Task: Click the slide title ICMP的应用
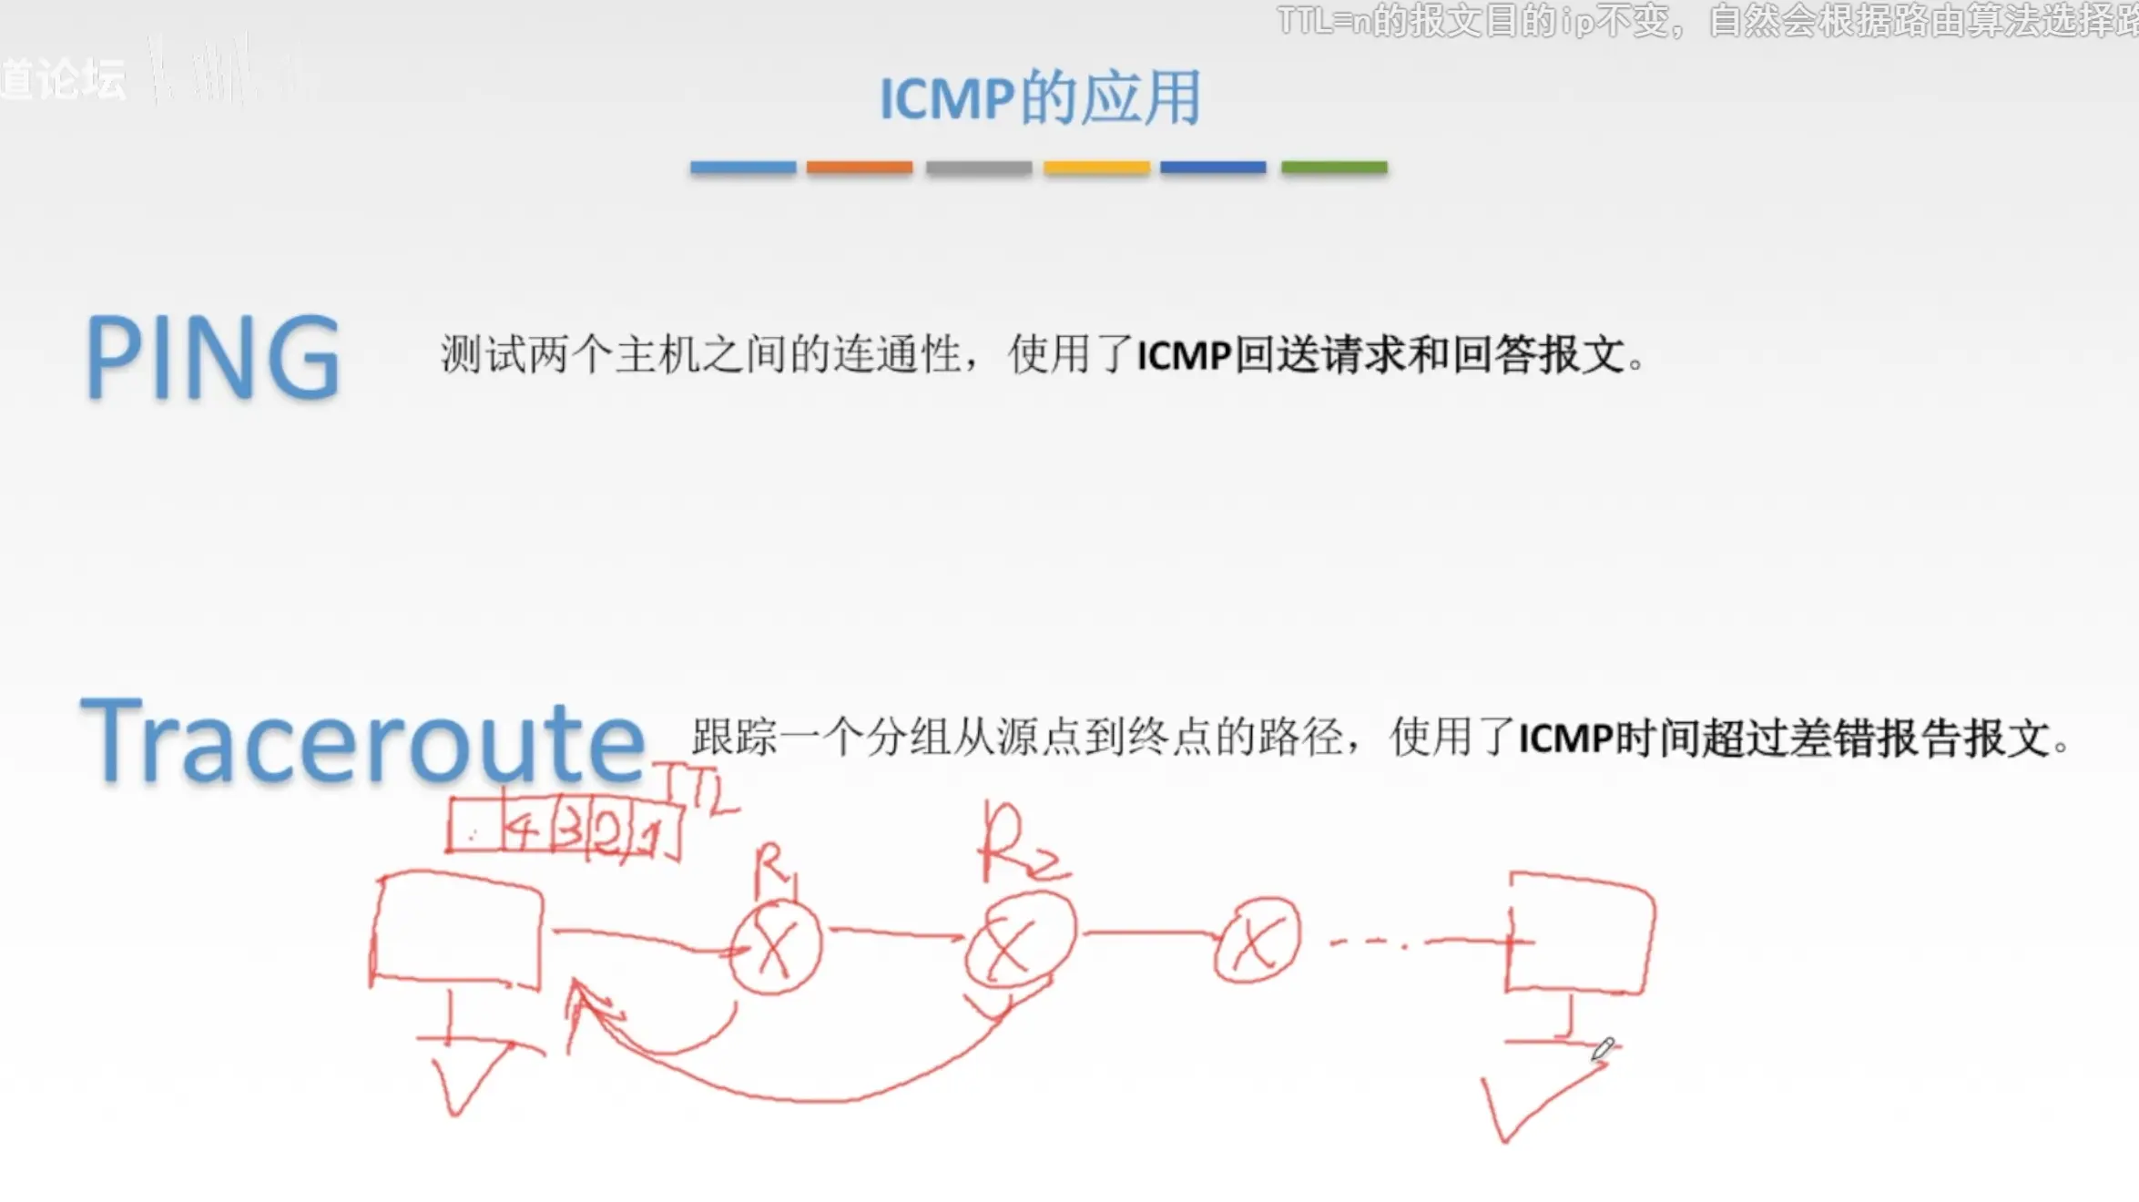[1039, 97]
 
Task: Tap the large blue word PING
[213, 357]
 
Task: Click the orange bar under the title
[859, 168]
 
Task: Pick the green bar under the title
[1333, 168]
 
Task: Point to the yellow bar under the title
[1095, 168]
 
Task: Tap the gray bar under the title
[978, 168]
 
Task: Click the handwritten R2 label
[1020, 845]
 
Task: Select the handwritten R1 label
[774, 869]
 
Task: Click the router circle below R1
[775, 947]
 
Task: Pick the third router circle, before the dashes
[1257, 940]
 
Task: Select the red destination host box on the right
[1580, 934]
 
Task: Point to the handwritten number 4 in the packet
[523, 830]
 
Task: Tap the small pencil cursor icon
[1603, 1048]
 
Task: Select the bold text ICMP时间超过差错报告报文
[1785, 739]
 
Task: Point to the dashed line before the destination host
[1370, 943]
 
